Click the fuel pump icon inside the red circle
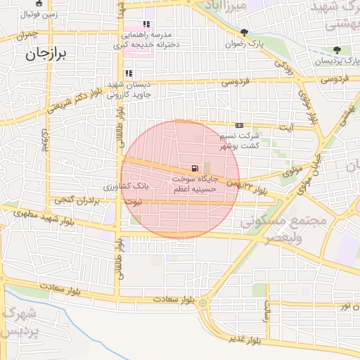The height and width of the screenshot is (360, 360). [193, 169]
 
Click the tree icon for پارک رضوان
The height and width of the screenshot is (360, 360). [244, 32]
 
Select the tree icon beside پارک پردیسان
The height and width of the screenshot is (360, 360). [337, 49]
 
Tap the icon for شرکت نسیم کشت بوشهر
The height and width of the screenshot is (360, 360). [240, 124]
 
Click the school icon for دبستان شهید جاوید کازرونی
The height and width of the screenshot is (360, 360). [128, 74]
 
